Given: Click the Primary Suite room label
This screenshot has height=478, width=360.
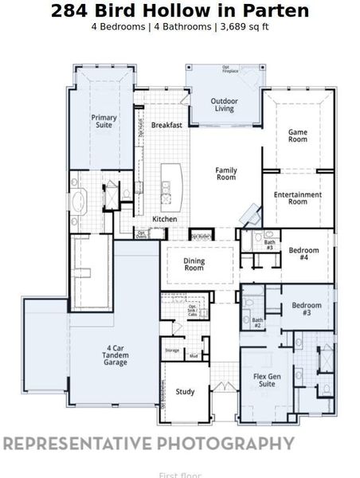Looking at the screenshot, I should (x=104, y=122).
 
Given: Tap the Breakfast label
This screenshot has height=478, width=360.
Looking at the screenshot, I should (x=167, y=125).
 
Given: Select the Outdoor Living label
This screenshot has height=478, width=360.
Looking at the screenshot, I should (x=223, y=104).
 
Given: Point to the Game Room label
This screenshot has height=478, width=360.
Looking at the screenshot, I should (x=297, y=135).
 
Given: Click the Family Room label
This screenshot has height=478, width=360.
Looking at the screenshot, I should (x=226, y=173).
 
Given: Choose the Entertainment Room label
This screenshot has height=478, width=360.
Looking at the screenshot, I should (x=297, y=198).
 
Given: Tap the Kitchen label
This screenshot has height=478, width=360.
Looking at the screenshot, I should (x=165, y=219).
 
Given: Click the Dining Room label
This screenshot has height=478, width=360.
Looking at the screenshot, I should (x=194, y=264).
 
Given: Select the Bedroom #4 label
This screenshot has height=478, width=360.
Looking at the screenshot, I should (x=303, y=253).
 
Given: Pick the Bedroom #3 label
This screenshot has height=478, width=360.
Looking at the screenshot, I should (x=307, y=309).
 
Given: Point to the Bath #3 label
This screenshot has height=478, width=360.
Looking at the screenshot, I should (x=269, y=245).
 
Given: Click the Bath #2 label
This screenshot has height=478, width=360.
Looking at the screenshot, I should (x=257, y=323).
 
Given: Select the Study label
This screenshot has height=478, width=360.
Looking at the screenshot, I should (x=186, y=391).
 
